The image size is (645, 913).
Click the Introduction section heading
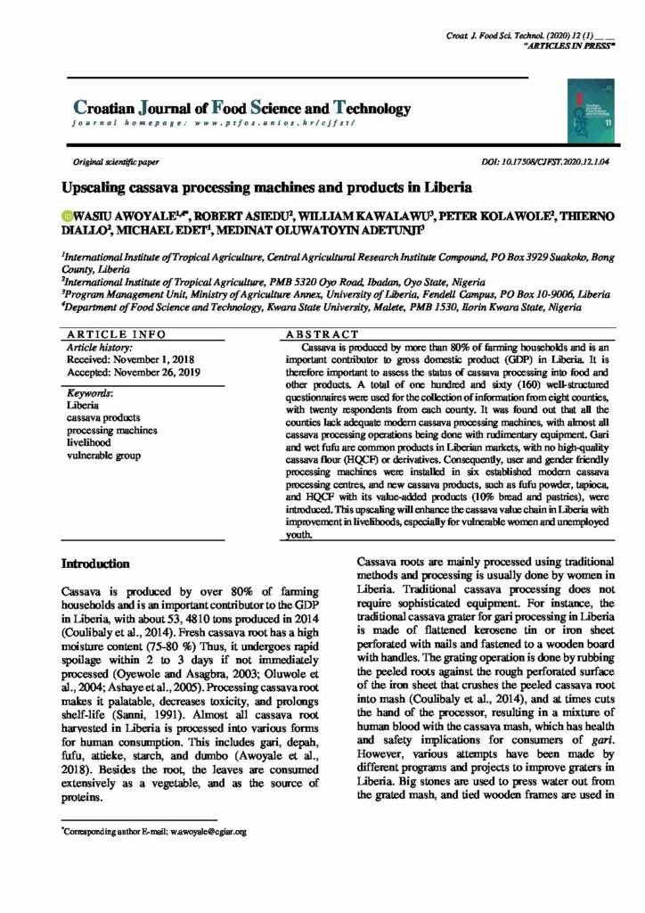coord(95,564)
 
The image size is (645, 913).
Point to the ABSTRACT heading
coord(308,333)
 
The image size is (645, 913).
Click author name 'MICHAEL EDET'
coord(161,230)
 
